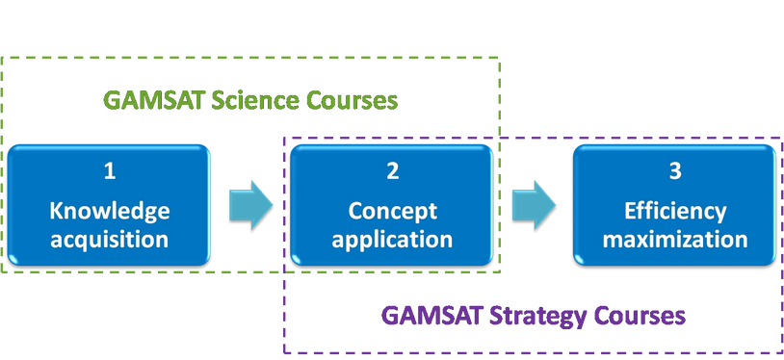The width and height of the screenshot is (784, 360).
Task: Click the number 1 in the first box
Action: (110, 171)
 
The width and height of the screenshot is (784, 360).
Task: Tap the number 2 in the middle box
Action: (392, 171)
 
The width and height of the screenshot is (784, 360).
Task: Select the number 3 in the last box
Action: (673, 171)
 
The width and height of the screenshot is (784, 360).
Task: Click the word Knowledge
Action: (109, 211)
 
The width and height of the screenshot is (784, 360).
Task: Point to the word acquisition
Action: (109, 238)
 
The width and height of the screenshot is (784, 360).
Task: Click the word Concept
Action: (392, 211)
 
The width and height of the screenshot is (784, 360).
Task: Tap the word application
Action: (392, 238)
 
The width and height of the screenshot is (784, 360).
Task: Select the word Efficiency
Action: (673, 211)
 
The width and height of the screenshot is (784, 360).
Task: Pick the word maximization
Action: (673, 238)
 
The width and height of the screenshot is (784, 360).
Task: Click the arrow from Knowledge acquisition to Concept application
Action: (250, 203)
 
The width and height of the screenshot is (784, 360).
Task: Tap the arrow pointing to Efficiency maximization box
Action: (533, 203)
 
